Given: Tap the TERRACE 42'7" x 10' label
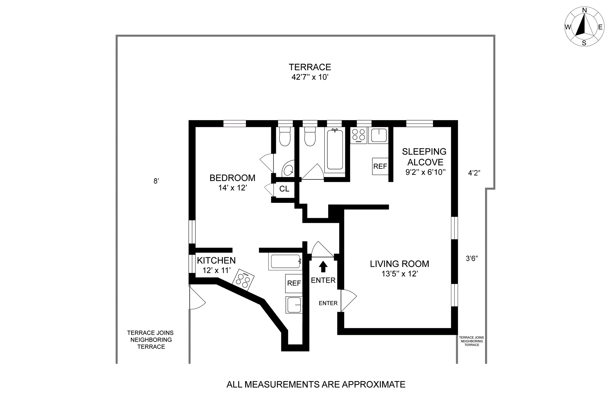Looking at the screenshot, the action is tap(310, 72).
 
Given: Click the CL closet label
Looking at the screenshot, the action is tap(284, 189).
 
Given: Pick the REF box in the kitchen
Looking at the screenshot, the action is tap(294, 283).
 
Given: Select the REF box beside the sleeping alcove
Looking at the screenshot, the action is tap(380, 166).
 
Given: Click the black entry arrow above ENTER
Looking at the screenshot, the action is tap(323, 266).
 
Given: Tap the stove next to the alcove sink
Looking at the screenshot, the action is tap(359, 135).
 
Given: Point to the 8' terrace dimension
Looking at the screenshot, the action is tap(156, 181).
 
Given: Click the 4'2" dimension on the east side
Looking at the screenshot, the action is tap(474, 173).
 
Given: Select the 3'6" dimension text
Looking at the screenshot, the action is tap(472, 259).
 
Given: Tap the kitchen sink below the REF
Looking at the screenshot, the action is tap(293, 305).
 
